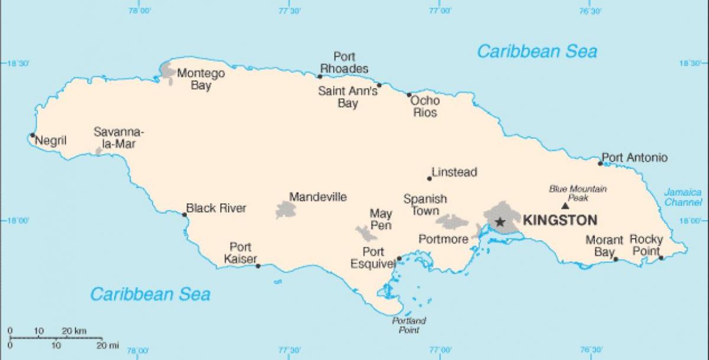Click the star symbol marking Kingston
pos(500,222)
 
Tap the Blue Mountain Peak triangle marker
pos(565,206)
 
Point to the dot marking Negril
pos(32,135)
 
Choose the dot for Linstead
pos(430,178)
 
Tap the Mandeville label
pos(318,197)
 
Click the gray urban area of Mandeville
pos(286,209)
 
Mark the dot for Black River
pos(184,215)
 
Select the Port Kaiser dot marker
pos(258,266)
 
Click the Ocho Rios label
pos(425,106)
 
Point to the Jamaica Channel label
pos(682,197)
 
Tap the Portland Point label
pos(409,325)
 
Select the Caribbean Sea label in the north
pos(537,51)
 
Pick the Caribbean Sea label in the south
pos(150,294)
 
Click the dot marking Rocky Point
pos(661,258)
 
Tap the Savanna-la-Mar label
pos(118,138)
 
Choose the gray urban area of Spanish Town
pos(452,222)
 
